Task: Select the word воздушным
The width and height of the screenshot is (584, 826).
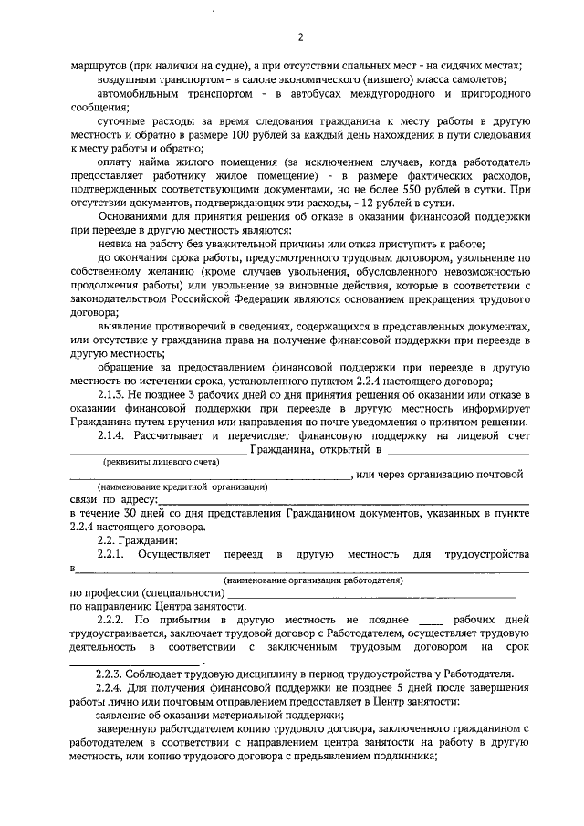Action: point(128,79)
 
